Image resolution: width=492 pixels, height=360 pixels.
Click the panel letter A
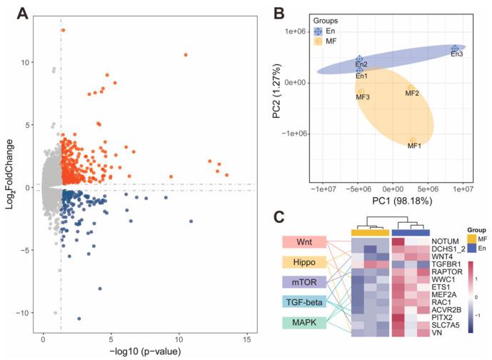tap(11, 11)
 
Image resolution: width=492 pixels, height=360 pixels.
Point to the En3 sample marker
tap(455, 49)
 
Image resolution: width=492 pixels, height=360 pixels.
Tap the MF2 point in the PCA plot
tap(411, 88)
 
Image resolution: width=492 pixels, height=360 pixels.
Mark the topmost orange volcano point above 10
tap(63, 30)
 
